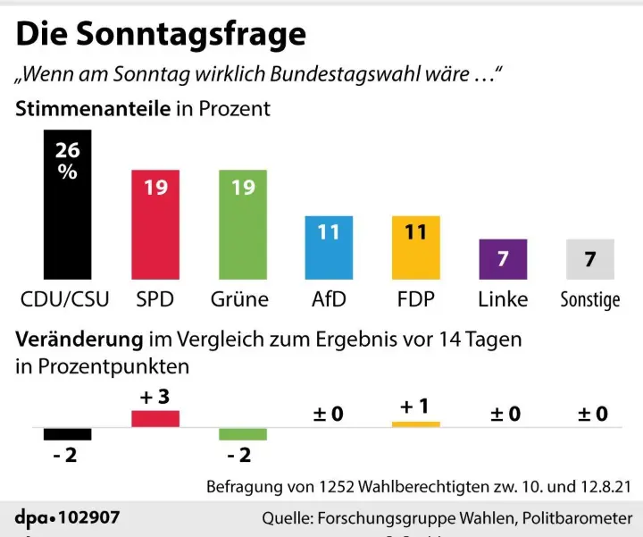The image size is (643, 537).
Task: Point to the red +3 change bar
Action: click(x=155, y=418)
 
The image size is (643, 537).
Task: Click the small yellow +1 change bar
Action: click(x=415, y=424)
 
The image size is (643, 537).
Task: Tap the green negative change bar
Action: click(x=242, y=433)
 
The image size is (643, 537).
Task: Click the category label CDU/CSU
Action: click(x=65, y=298)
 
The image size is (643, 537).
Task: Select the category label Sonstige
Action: click(x=589, y=299)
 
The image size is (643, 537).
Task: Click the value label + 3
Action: click(x=154, y=397)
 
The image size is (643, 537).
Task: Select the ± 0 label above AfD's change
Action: click(x=328, y=414)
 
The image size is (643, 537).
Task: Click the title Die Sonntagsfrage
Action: click(x=161, y=34)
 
